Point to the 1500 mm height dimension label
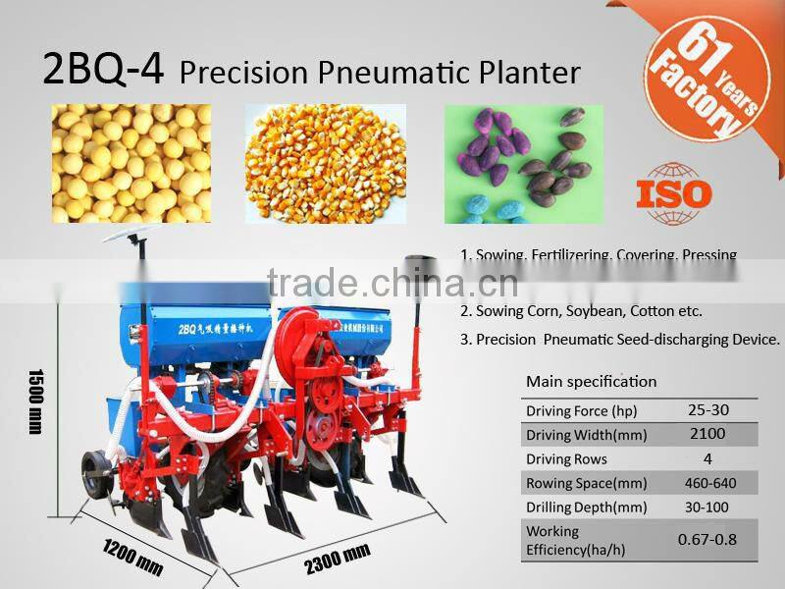36,402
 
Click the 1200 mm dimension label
133,558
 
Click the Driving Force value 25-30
707,410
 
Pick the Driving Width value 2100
707,434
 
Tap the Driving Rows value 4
707,458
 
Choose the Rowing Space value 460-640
707,483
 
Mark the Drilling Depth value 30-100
707,508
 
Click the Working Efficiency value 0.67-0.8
707,539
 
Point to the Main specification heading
591,382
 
